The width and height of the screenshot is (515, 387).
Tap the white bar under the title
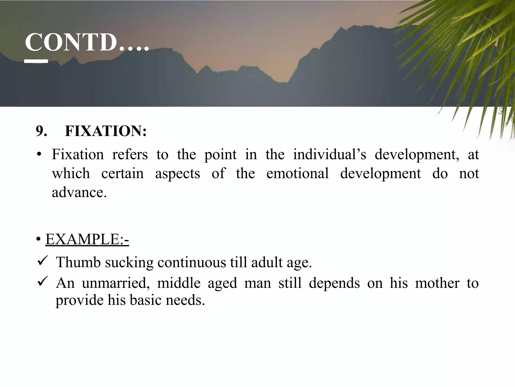click(36, 61)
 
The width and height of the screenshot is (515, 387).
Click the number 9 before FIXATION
click(41, 131)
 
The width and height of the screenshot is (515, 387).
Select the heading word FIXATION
click(106, 131)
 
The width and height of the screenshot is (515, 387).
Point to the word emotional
click(297, 173)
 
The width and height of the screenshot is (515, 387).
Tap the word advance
click(79, 192)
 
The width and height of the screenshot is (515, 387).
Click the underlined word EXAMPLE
click(87, 239)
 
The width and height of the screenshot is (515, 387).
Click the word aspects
click(178, 174)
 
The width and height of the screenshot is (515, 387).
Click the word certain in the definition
click(122, 173)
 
